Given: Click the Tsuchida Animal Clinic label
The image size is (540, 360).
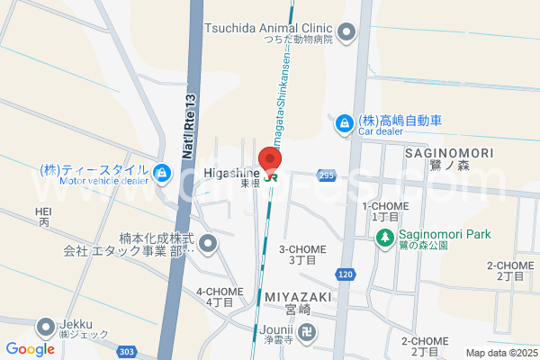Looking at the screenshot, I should click(x=269, y=28).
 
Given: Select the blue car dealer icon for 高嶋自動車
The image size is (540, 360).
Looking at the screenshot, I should click(x=343, y=123).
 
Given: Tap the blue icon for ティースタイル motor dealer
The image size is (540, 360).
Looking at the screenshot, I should click(x=162, y=172).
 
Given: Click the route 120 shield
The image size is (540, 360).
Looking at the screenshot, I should click(x=347, y=273).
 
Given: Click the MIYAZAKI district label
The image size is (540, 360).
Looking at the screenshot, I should click(x=299, y=296).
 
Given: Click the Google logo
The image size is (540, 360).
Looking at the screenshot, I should click(x=30, y=349).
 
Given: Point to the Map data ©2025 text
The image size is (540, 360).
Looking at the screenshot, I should click(x=499, y=353).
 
